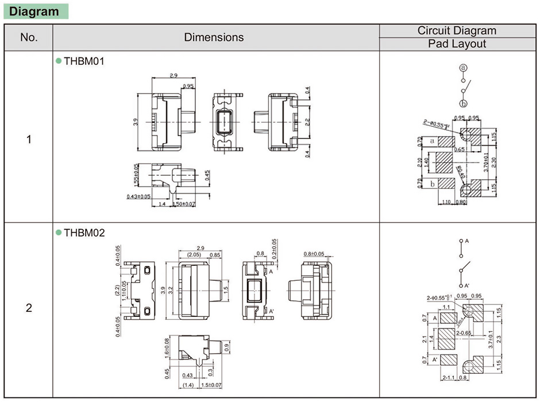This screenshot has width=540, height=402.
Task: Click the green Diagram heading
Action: pos(35,11)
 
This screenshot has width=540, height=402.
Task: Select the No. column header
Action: pos(29,37)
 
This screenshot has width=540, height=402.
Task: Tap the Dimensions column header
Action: pos(214,37)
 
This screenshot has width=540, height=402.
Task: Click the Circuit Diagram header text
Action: pos(457,30)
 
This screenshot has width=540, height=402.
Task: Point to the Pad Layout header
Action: pos(457,44)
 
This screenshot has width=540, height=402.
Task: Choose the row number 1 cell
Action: pos(29,140)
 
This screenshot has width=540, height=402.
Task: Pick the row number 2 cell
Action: pos(29,308)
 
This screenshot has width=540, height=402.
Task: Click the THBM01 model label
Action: pos(83,61)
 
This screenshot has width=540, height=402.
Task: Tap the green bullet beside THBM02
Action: pos(58,233)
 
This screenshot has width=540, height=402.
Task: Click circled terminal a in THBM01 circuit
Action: pos(463,68)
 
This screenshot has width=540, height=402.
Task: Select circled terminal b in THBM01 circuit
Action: pos(463,103)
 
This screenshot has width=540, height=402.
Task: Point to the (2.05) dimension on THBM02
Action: pos(194,254)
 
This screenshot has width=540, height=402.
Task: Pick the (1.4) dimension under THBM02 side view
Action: pos(187,384)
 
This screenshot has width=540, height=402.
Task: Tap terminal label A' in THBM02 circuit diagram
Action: pos(466,285)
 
